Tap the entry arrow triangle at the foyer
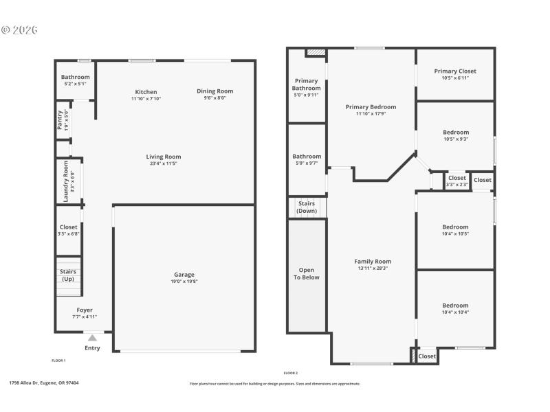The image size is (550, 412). click(x=92, y=338)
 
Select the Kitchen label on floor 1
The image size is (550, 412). click(x=146, y=92)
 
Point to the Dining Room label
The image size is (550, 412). click(x=214, y=91)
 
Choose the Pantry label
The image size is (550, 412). click(x=60, y=121)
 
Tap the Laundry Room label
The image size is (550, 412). click(x=67, y=181)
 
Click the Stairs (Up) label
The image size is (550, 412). click(x=68, y=275)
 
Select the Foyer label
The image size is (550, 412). click(x=85, y=310)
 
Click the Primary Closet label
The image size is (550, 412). click(x=455, y=71)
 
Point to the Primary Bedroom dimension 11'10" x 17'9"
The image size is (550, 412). click(x=371, y=114)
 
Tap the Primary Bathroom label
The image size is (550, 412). click(x=307, y=84)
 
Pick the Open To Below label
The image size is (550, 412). click(x=307, y=274)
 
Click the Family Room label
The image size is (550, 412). click(x=373, y=262)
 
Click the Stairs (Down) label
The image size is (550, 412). click(x=307, y=207)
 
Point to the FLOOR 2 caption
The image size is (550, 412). click(x=291, y=372)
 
